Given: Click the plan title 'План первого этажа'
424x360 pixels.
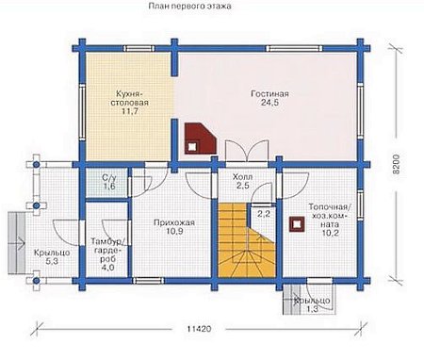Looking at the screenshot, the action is (x=189, y=6).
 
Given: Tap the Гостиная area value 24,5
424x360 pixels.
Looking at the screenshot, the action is (x=269, y=103).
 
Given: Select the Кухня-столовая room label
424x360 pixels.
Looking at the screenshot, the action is (x=129, y=98).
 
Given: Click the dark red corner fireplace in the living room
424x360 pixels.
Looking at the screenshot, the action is (x=201, y=139).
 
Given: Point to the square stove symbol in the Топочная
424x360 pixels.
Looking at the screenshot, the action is (x=296, y=224).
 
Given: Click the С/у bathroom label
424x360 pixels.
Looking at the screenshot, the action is (x=109, y=178).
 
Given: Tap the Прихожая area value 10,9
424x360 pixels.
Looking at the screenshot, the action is (x=174, y=232).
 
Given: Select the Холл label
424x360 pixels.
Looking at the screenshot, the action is (x=242, y=177).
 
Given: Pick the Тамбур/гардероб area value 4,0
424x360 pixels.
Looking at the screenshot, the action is (x=107, y=268).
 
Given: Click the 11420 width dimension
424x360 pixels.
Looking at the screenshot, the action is (x=199, y=329).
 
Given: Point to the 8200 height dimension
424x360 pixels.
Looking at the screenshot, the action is (x=397, y=164).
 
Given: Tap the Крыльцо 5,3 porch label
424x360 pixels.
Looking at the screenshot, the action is (x=52, y=257).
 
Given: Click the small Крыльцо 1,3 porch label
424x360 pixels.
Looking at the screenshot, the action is (x=312, y=305).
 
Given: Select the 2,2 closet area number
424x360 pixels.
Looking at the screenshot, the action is (x=264, y=214).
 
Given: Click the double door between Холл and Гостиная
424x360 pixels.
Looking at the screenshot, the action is (x=247, y=151).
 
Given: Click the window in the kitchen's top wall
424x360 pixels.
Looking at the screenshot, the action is (x=139, y=49).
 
